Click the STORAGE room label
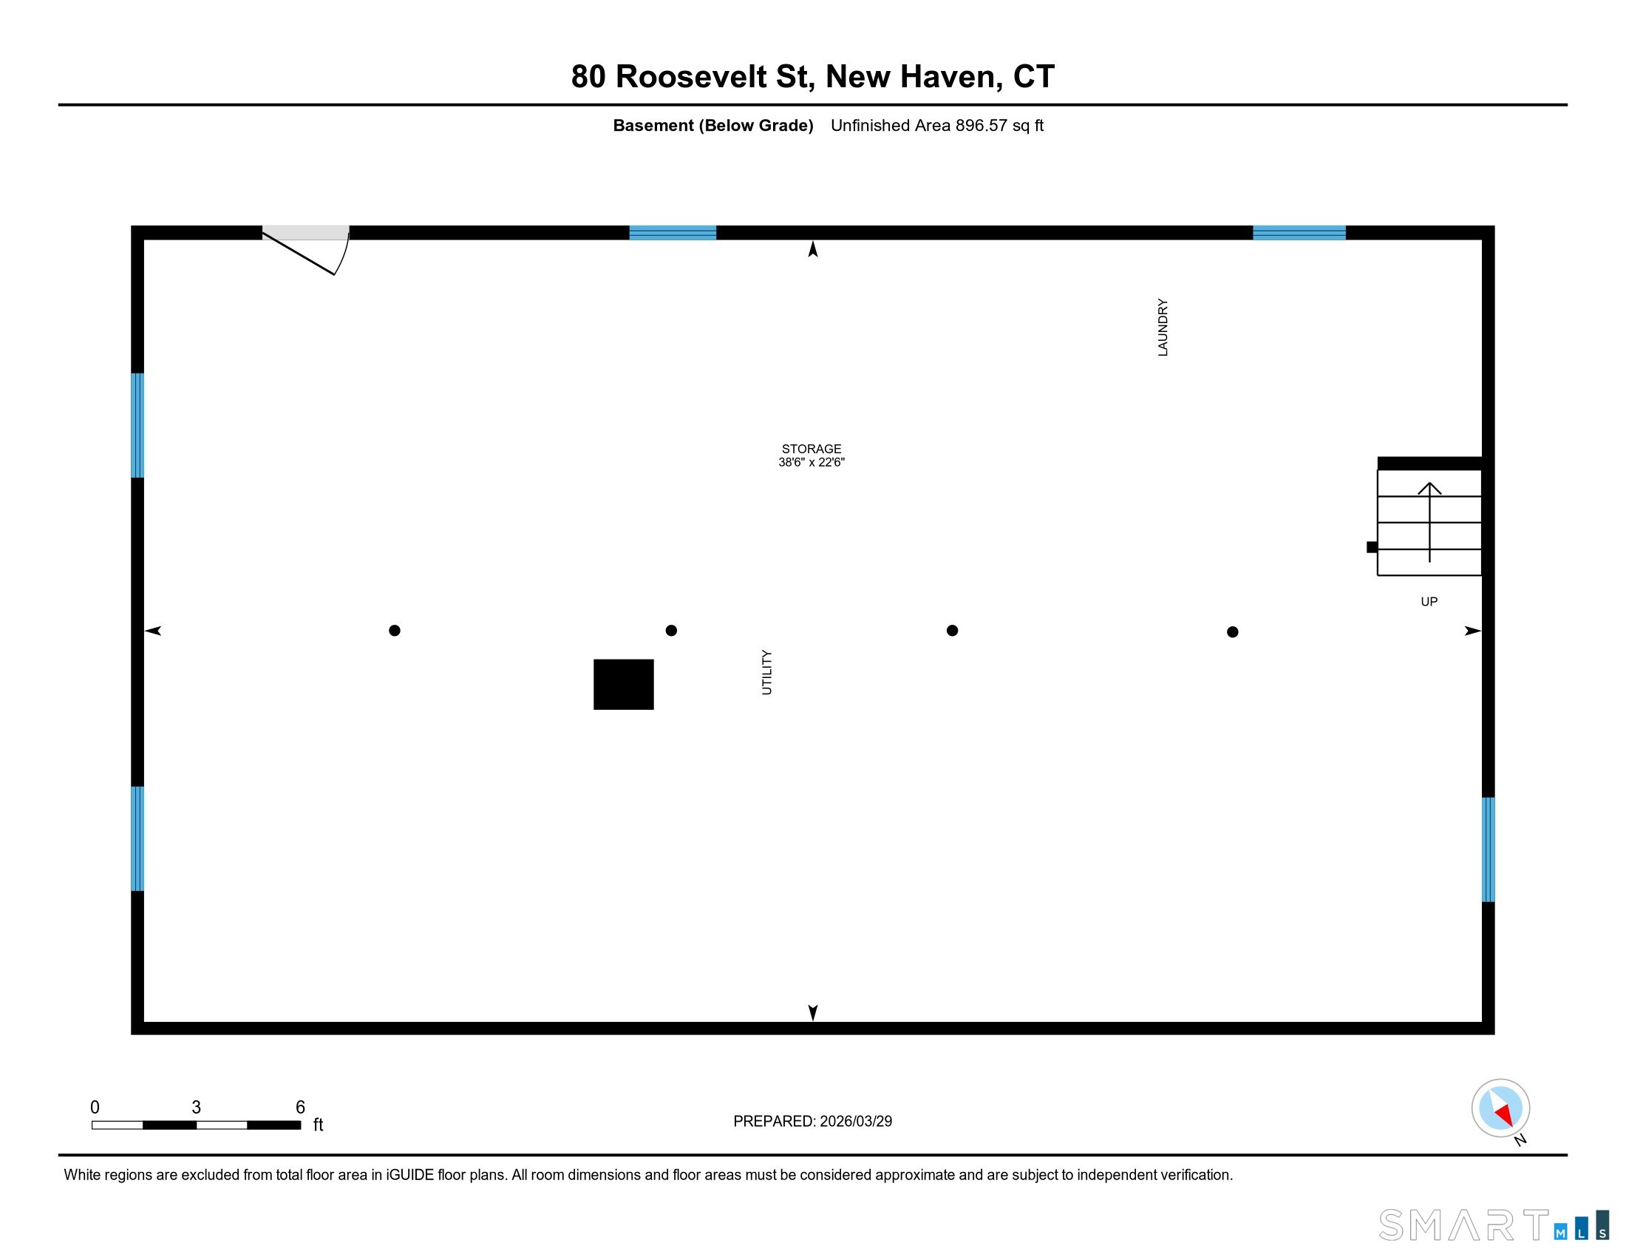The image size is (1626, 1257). [811, 448]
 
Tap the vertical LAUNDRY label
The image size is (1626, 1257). [1162, 328]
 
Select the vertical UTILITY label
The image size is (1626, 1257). [767, 672]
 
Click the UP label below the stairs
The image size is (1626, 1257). [1429, 602]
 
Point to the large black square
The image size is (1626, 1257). [623, 685]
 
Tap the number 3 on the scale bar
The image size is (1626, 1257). [197, 1108]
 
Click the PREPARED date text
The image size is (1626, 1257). [812, 1122]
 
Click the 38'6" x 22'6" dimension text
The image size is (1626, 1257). [811, 462]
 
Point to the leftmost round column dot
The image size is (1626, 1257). [395, 631]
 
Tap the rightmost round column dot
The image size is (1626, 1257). [1232, 632]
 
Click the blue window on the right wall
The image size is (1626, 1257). [1488, 850]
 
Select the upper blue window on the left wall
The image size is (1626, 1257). [137, 425]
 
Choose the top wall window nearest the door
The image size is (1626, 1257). [673, 233]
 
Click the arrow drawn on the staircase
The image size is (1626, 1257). [1429, 521]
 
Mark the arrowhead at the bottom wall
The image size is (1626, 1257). [813, 1012]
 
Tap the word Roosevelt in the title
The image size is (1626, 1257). [692, 77]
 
